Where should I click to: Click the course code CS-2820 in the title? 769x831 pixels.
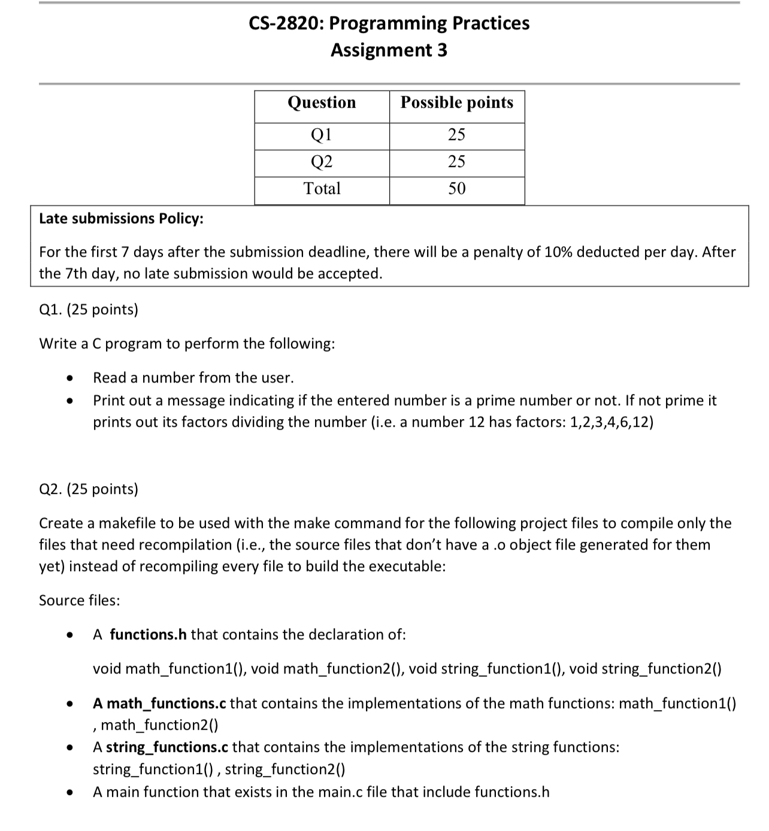pos(285,23)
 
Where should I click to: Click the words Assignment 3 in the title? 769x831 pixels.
pos(389,50)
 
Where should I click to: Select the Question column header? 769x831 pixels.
pos(322,102)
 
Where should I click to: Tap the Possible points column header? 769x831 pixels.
pos(456,102)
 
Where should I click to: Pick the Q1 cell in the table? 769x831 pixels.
pos(322,135)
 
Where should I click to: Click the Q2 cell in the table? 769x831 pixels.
pos(322,162)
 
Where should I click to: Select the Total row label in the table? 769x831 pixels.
pos(322,189)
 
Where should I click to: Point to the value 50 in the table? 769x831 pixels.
pos(456,189)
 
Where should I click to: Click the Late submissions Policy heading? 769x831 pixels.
pos(121,219)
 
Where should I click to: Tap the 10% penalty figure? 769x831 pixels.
pos(559,252)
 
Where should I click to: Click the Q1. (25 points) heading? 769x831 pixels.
pos(89,310)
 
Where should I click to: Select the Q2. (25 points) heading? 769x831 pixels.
pos(89,489)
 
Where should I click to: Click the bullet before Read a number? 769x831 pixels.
pos(71,378)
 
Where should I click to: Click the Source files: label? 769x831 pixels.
pos(79,600)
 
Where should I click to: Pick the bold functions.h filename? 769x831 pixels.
pos(148,635)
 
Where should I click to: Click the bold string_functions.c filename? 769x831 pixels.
pos(167,747)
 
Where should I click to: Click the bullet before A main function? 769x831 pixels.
pos(71,793)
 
